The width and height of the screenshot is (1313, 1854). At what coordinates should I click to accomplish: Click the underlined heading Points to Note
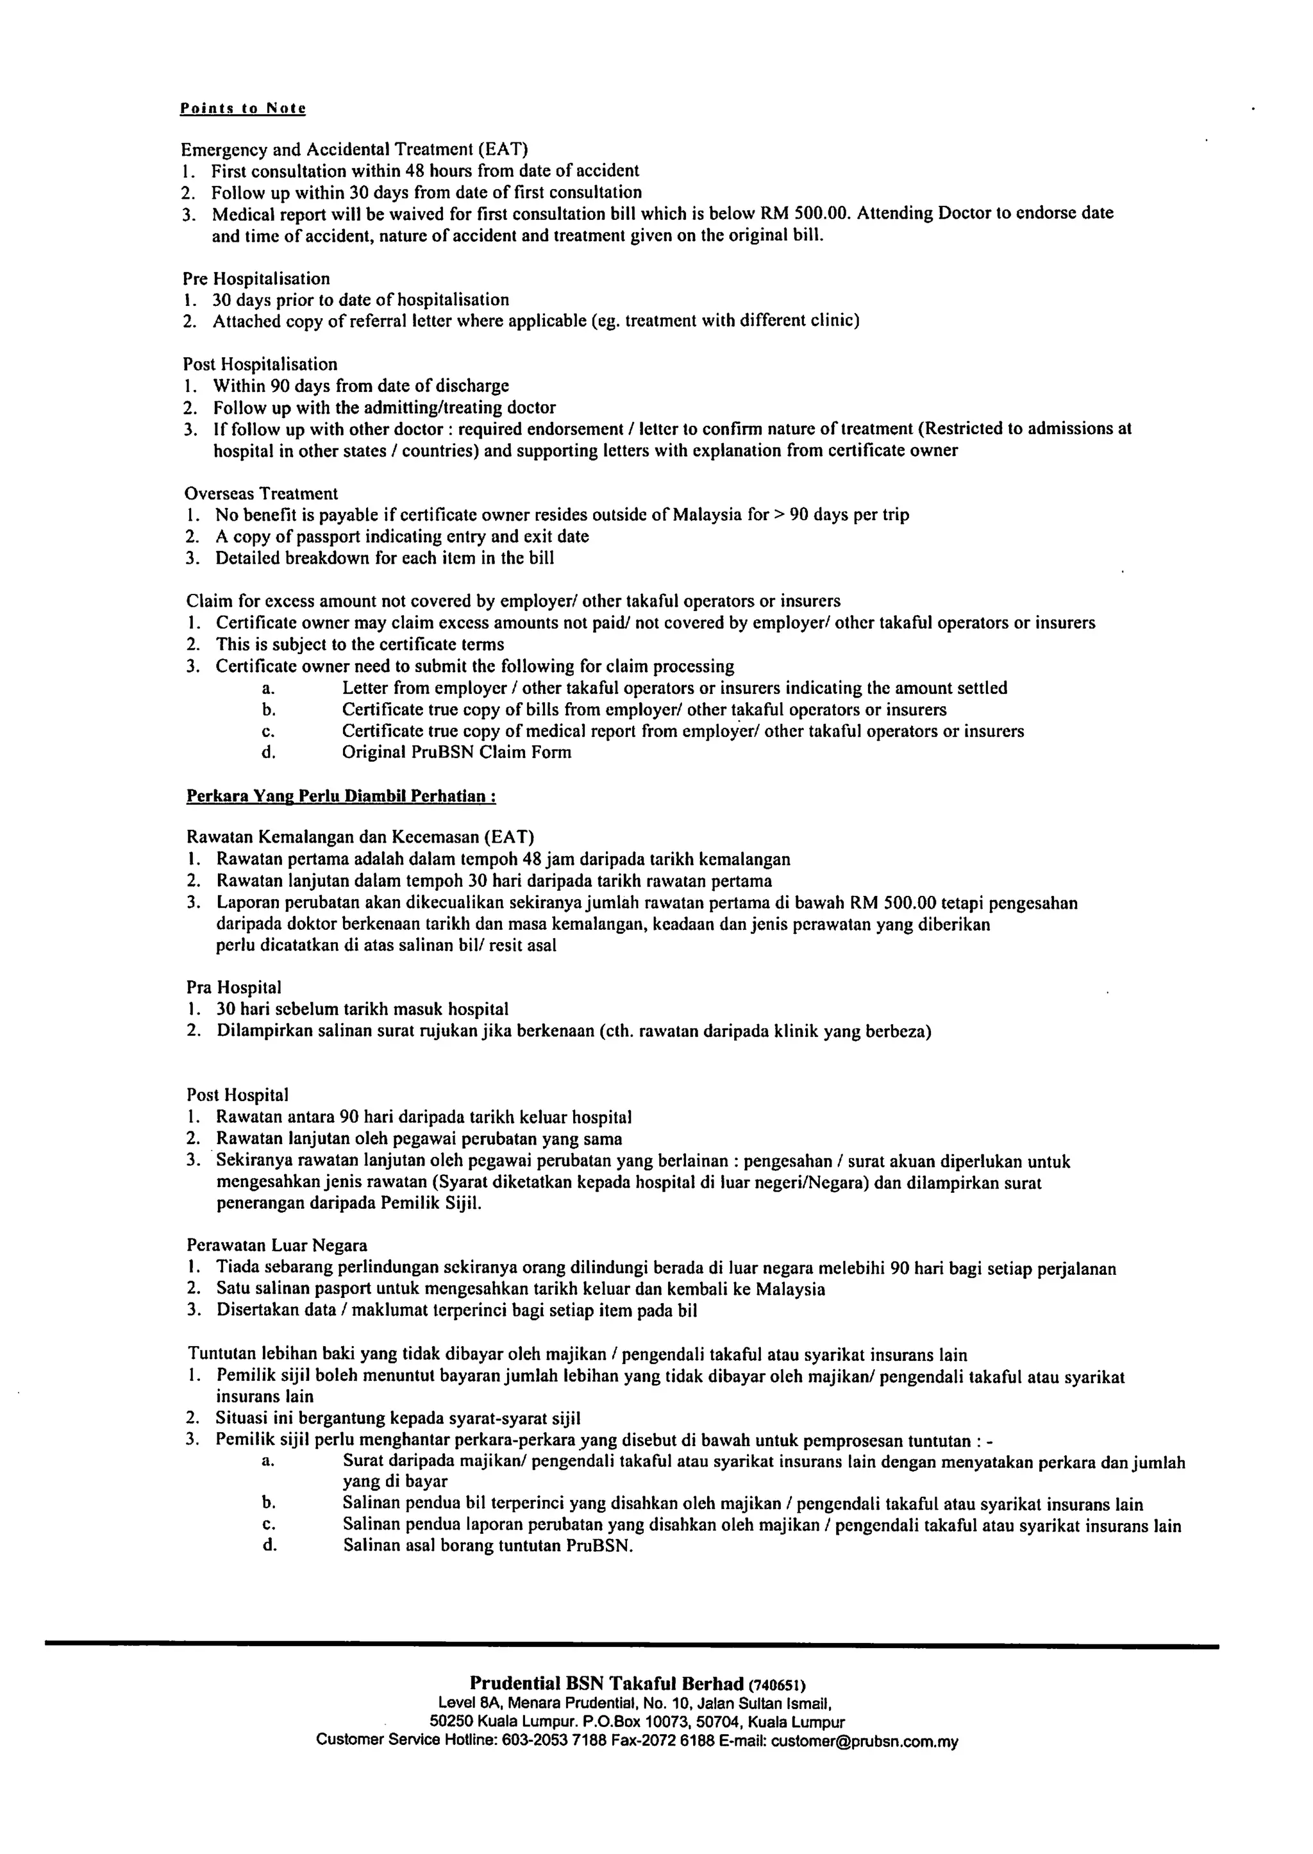242,108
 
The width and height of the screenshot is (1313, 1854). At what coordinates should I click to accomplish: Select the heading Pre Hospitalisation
256,279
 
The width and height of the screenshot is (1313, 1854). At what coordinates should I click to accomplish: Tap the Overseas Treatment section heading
261,493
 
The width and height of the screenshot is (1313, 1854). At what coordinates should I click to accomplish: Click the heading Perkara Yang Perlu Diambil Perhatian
341,796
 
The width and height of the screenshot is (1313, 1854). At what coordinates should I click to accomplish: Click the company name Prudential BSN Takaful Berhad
606,1684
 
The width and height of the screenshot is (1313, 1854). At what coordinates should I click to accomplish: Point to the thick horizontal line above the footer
631,1644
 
